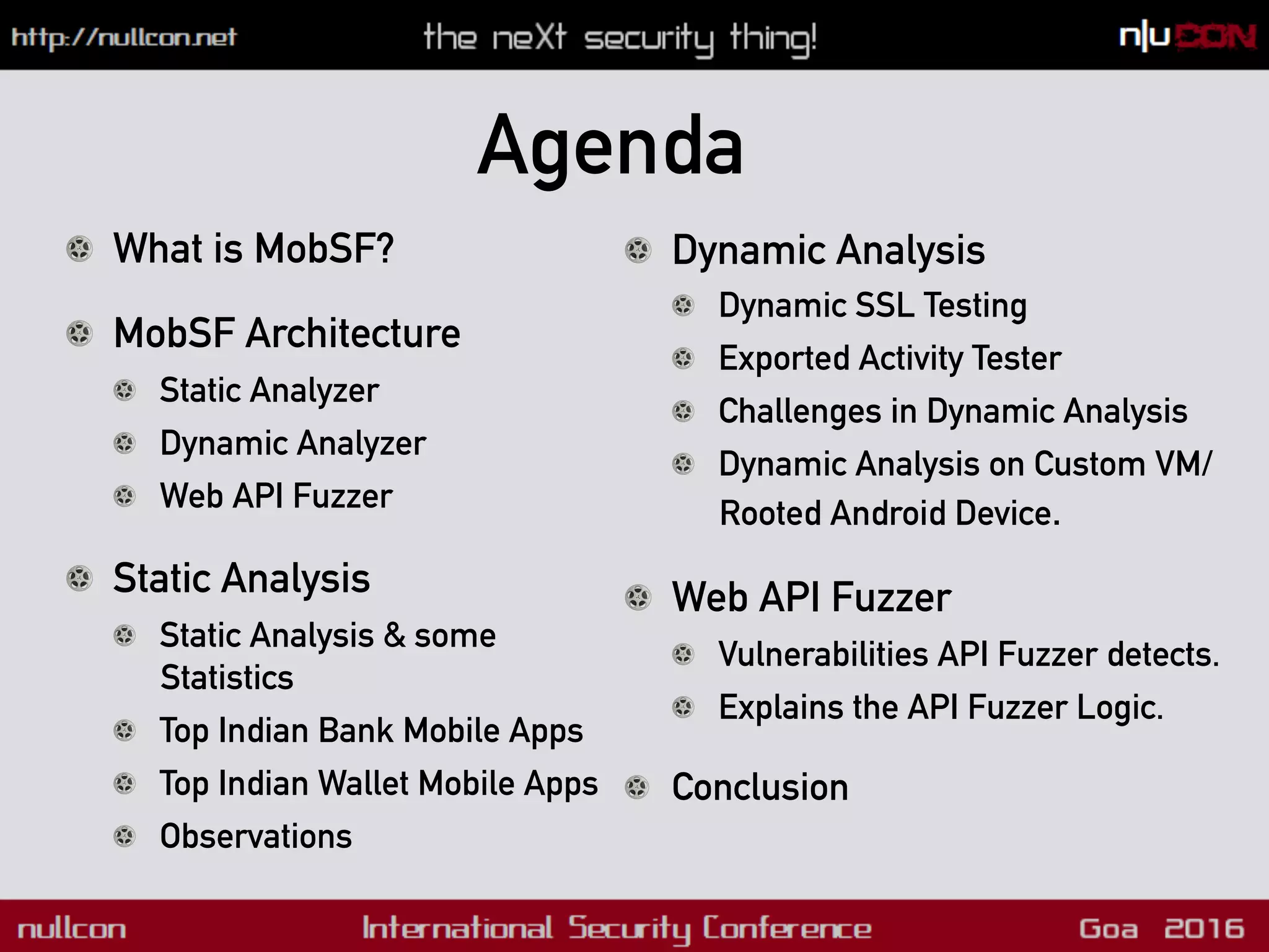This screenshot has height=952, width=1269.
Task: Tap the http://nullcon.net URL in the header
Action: click(124, 37)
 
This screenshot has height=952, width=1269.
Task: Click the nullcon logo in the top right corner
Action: click(1187, 37)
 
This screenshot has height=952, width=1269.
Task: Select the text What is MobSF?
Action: click(253, 249)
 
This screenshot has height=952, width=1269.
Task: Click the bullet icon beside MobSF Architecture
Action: click(79, 333)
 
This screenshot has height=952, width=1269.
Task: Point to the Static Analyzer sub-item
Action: click(269, 390)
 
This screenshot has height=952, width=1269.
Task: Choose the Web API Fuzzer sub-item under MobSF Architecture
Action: click(276, 496)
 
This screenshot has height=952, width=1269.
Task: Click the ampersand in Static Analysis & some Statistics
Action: click(394, 636)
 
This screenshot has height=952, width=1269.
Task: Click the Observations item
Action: click(255, 836)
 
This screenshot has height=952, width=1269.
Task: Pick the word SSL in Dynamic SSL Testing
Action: click(884, 306)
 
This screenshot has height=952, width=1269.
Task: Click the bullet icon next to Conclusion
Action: click(638, 788)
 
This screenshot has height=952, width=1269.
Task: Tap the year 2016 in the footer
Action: click(1203, 928)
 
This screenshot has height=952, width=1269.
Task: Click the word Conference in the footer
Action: click(786, 928)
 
